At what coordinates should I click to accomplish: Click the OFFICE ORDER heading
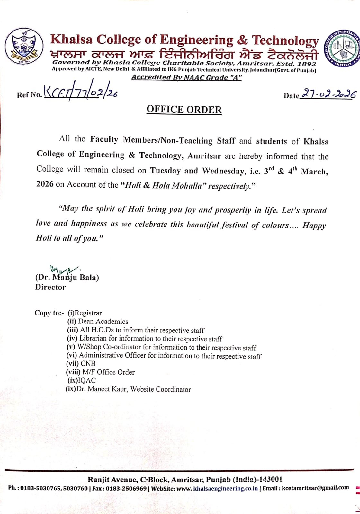pos(184,110)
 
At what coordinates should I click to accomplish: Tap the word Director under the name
pos(50,287)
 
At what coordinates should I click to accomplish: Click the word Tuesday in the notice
pos(165,171)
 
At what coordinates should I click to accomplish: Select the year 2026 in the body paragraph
pos(45,184)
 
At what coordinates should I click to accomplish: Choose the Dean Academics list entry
pos(103,322)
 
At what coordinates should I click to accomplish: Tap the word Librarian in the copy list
pos(93,338)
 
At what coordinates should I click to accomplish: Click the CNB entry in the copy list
pos(88,364)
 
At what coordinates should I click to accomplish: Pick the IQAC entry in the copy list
pos(87,381)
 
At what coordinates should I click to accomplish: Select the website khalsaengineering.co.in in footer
pos(225,488)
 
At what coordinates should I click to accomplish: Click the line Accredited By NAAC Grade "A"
pos(186,77)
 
